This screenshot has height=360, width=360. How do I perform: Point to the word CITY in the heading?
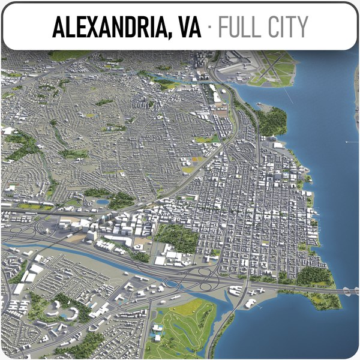[x=287, y=27]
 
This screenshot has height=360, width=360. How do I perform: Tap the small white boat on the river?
[x=347, y=142]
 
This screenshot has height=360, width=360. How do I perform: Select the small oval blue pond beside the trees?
[x=103, y=202]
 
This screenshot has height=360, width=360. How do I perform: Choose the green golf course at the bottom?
[x=183, y=327]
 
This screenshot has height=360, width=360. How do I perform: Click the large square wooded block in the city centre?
[x=177, y=237]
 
